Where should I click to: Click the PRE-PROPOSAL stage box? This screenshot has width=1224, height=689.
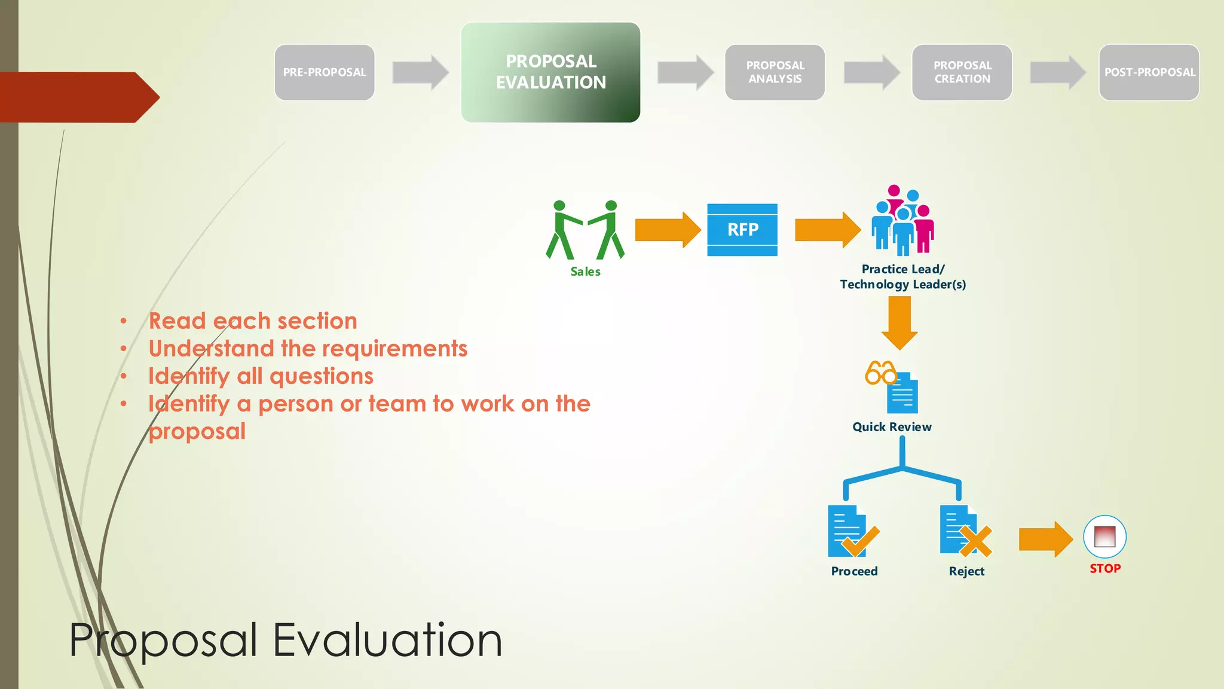click(325, 72)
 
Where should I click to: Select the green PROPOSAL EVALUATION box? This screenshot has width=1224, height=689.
click(550, 72)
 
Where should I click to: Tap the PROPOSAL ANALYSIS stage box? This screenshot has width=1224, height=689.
click(775, 72)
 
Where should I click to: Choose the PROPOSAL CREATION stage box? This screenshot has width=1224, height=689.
click(962, 72)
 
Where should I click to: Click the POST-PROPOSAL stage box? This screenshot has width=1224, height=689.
click(1149, 72)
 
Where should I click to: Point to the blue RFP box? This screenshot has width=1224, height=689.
click(742, 230)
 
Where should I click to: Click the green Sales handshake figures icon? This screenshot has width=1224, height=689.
click(585, 230)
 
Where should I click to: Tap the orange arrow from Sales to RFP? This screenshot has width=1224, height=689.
click(667, 230)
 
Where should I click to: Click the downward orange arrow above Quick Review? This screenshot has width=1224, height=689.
click(899, 322)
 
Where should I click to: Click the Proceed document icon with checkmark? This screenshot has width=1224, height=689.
click(852, 531)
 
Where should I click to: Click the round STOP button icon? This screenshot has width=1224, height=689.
click(1104, 536)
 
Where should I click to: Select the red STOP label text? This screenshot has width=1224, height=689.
click(1104, 569)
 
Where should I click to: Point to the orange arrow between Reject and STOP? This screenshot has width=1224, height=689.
click(1045, 539)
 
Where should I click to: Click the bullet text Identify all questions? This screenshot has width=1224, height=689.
click(261, 376)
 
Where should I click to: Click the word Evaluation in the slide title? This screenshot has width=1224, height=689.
click(387, 641)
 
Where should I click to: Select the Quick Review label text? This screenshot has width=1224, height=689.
click(892, 427)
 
